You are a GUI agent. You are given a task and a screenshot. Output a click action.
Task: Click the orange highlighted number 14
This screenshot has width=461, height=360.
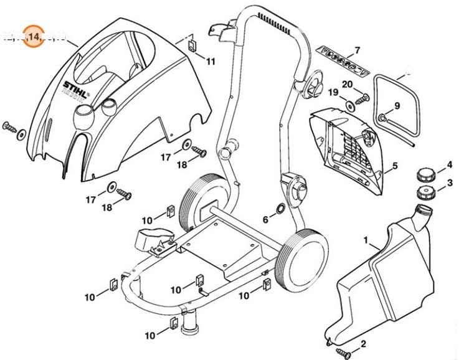coord(33,37)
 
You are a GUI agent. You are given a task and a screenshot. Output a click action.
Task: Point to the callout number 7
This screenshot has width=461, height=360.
coord(357,50)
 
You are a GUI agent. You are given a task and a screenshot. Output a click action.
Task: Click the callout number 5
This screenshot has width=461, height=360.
coord(395,166)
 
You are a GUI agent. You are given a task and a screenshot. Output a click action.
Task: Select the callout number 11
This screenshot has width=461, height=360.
coord(210,61)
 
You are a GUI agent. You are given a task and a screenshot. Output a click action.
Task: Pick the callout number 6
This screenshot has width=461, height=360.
coord(265,219)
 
